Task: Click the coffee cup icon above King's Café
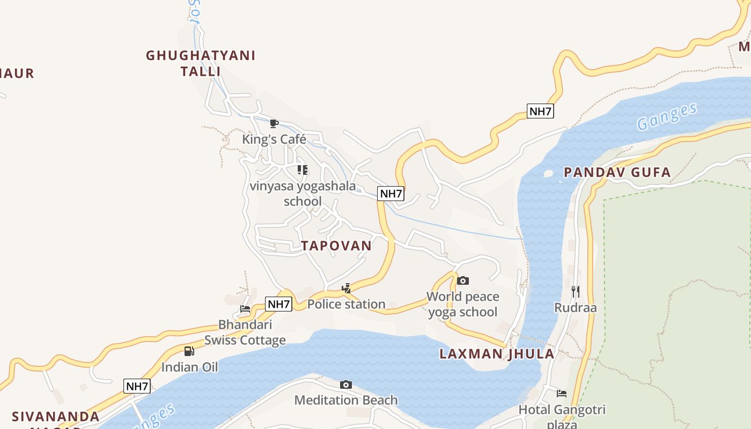pyautogui.click(x=274, y=124)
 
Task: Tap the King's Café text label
pyautogui.click(x=274, y=139)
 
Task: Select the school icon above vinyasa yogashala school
pyautogui.click(x=303, y=170)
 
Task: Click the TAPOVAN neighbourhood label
pyautogui.click(x=336, y=246)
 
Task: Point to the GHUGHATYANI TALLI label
pyautogui.click(x=201, y=63)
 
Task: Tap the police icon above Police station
pyautogui.click(x=347, y=289)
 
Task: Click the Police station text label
pyautogui.click(x=347, y=304)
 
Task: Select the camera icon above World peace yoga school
pyautogui.click(x=463, y=280)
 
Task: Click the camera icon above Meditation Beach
pyautogui.click(x=346, y=384)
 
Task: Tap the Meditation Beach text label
pyautogui.click(x=346, y=400)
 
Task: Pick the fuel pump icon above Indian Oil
pyautogui.click(x=189, y=351)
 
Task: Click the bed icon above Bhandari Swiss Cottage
pyautogui.click(x=245, y=309)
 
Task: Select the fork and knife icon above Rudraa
pyautogui.click(x=576, y=292)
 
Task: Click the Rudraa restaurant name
pyautogui.click(x=576, y=308)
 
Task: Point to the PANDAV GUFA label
pyautogui.click(x=617, y=172)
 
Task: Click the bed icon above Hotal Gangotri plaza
pyautogui.click(x=562, y=394)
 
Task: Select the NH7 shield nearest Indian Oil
pyautogui.click(x=137, y=386)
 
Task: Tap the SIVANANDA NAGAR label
pyautogui.click(x=56, y=417)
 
